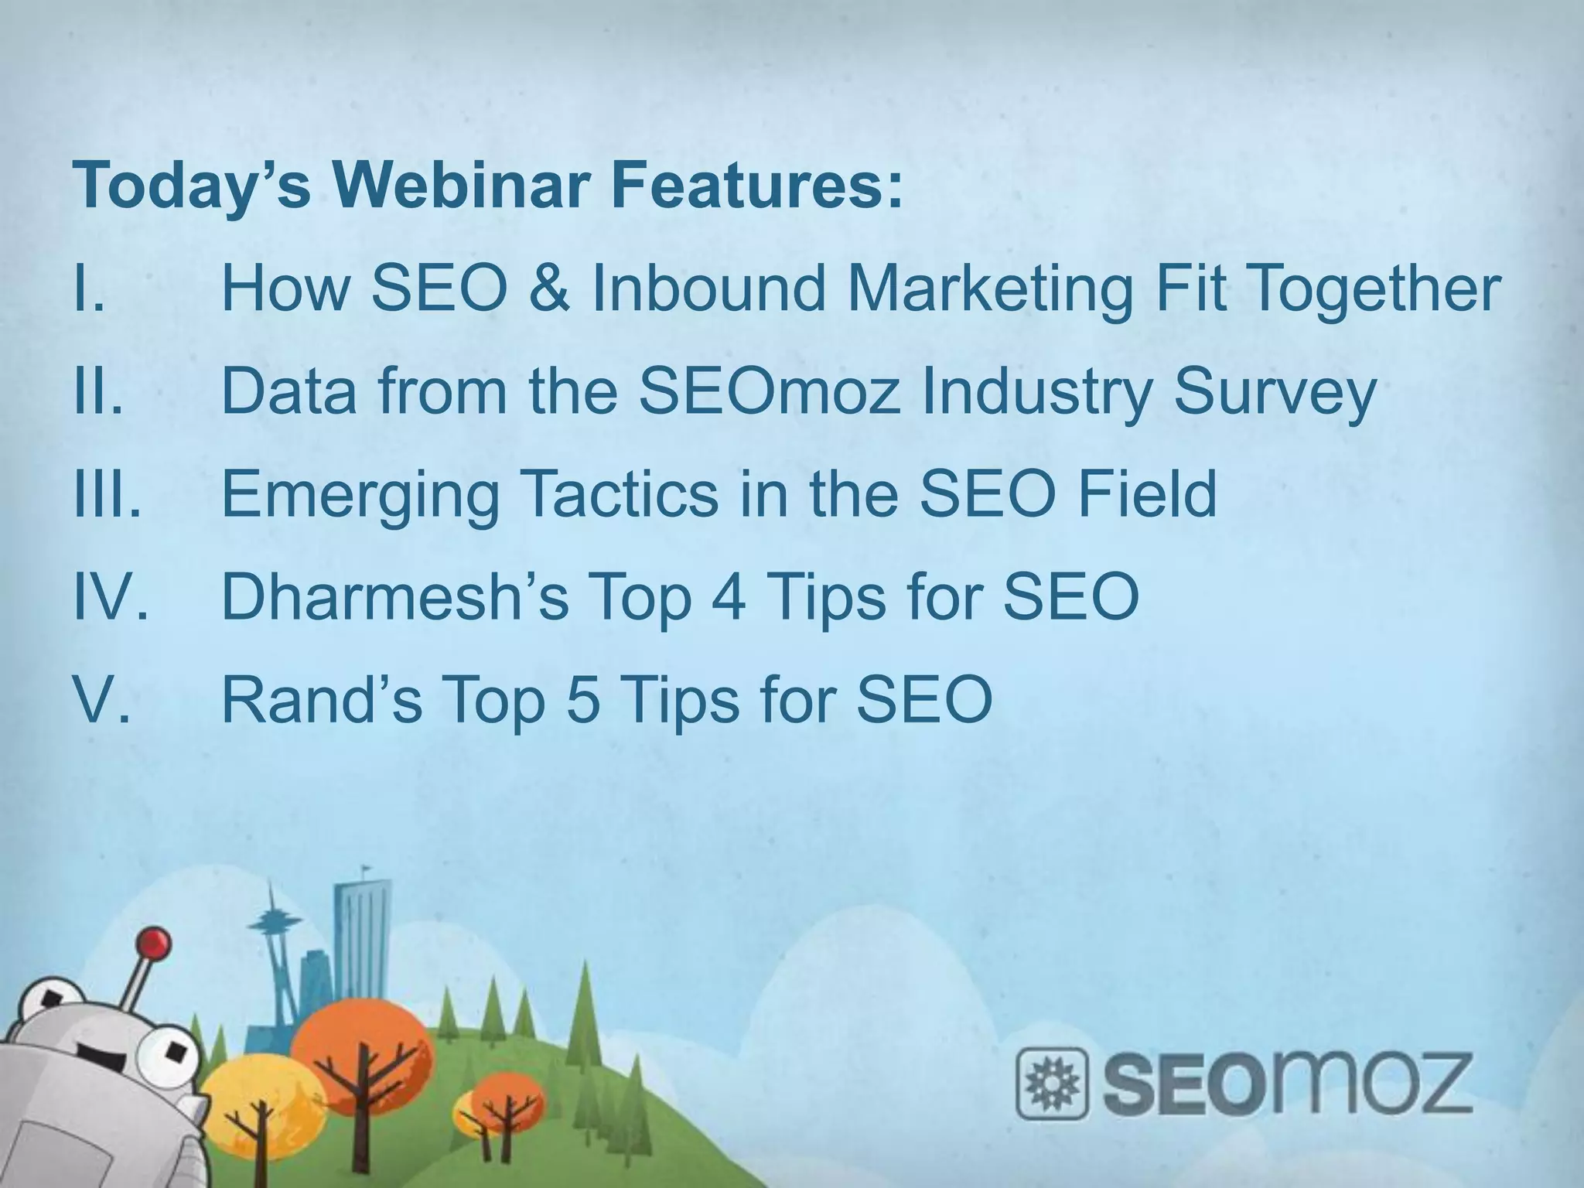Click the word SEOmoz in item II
(771, 391)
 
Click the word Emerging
(360, 495)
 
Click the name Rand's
(322, 699)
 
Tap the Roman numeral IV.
(108, 597)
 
